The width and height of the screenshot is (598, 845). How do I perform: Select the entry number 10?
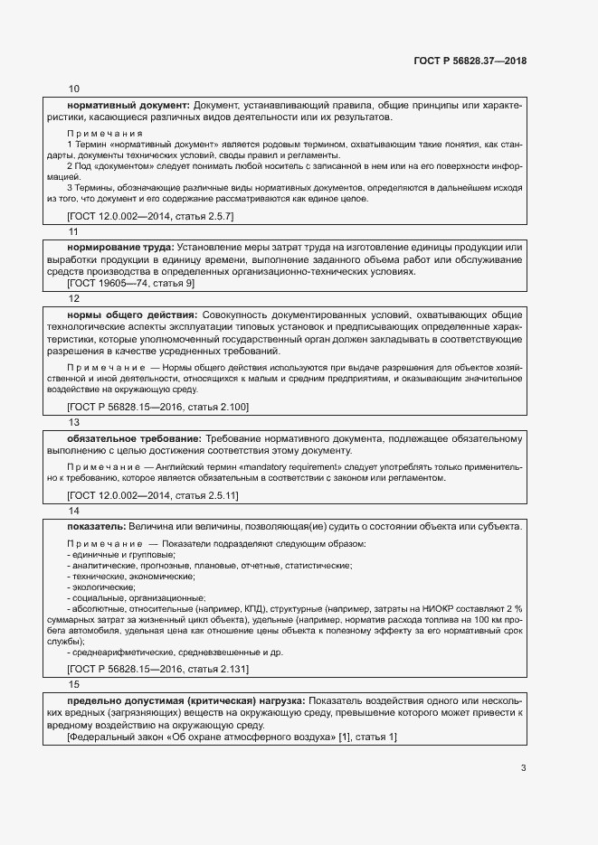pyautogui.click(x=73, y=89)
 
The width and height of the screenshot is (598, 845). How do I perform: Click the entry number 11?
pyautogui.click(x=73, y=231)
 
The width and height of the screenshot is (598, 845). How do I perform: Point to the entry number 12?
pyautogui.click(x=73, y=297)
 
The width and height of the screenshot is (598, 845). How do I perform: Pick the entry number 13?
pyautogui.click(x=73, y=422)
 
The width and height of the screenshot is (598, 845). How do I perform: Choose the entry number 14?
pyautogui.click(x=73, y=511)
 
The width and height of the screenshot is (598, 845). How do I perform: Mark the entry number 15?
pyautogui.click(x=73, y=684)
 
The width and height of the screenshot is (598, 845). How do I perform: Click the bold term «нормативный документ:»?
pyautogui.click(x=128, y=106)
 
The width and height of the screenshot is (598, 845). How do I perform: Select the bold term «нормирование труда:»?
pyautogui.click(x=121, y=248)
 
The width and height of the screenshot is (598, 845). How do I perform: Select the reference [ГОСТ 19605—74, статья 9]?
pyautogui.click(x=130, y=283)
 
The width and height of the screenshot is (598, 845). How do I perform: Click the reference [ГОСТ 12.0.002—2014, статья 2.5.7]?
pyautogui.click(x=150, y=217)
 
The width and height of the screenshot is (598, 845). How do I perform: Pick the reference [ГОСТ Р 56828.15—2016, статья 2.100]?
pyautogui.click(x=157, y=408)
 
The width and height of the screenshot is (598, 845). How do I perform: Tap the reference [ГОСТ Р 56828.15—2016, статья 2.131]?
pyautogui.click(x=157, y=669)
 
